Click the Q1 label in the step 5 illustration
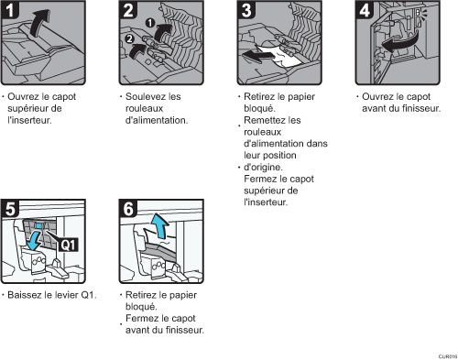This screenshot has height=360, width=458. point(66,245)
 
